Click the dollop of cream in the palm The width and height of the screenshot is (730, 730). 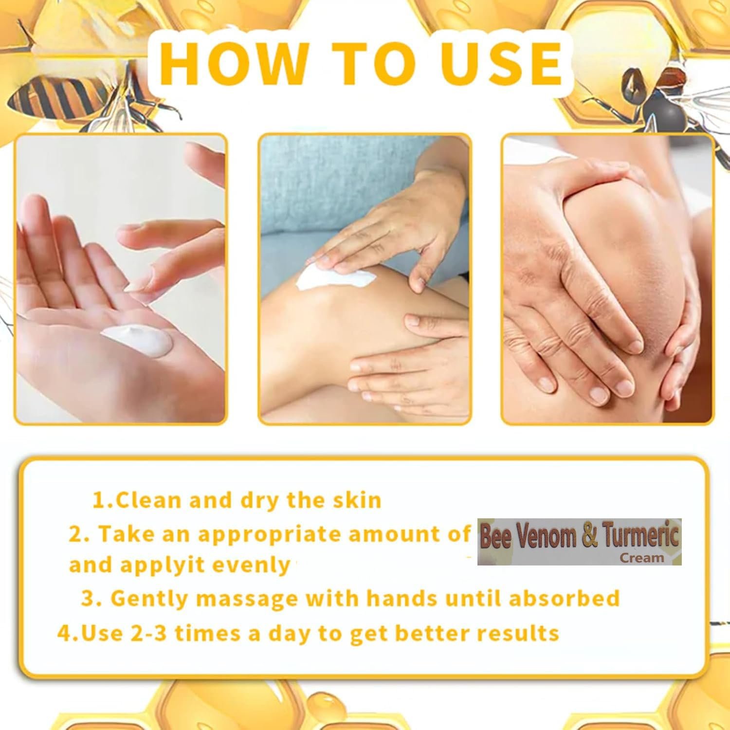[137, 338]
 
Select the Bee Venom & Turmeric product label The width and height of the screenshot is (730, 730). [580, 542]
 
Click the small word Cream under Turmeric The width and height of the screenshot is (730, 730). [642, 558]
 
